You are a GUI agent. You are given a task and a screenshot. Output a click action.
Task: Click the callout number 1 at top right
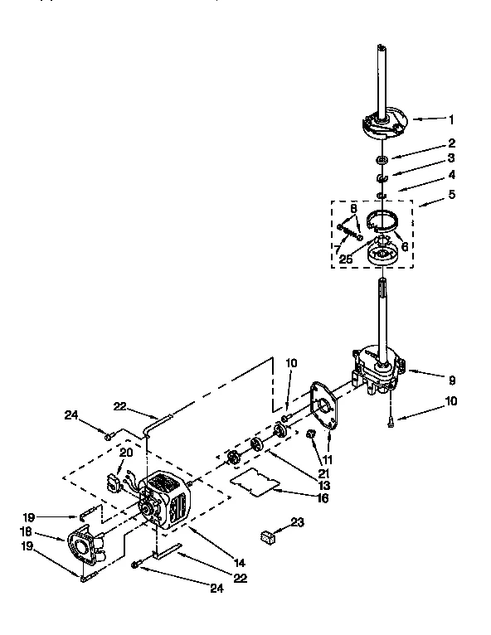tap(451, 119)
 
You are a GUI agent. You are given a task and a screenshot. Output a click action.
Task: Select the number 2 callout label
tap(451, 143)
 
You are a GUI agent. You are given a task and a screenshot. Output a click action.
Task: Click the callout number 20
tap(125, 453)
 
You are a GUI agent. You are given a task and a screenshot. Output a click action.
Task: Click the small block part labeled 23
tap(267, 536)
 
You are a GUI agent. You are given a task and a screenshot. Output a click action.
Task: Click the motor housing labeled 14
tap(166, 499)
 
